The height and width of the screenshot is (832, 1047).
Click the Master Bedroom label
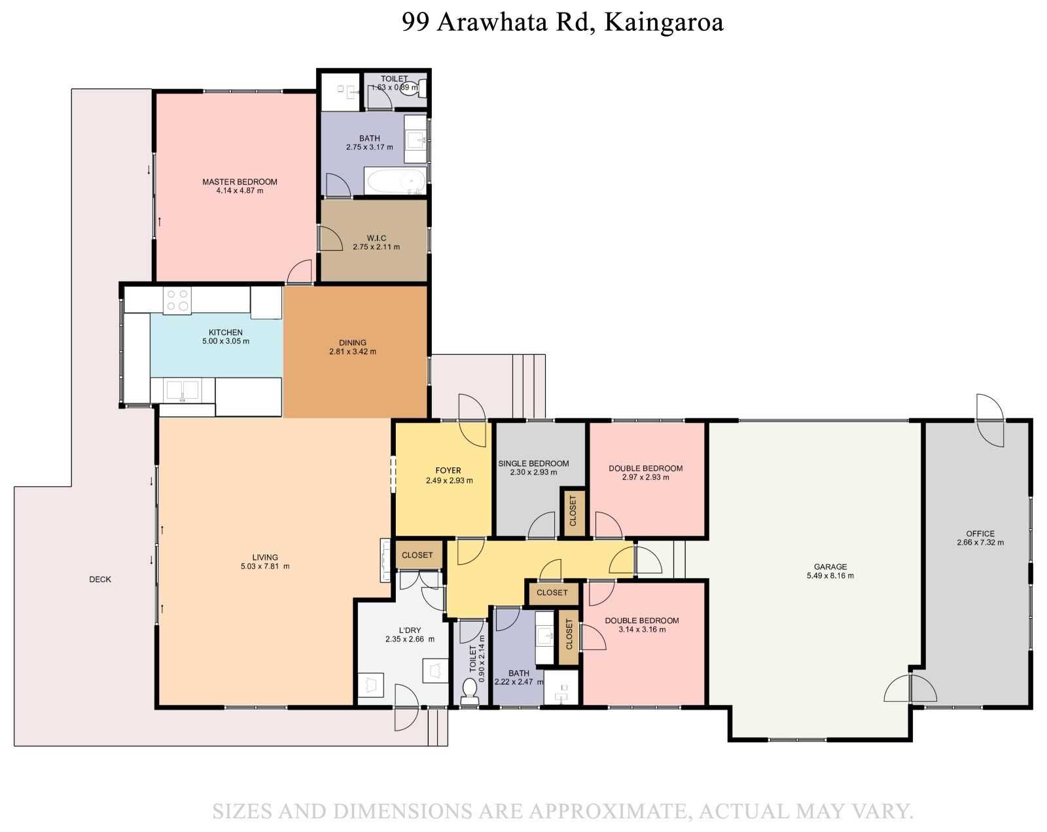click(240, 181)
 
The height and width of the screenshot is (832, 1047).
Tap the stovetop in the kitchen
click(177, 300)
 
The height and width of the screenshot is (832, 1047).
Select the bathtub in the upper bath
click(397, 182)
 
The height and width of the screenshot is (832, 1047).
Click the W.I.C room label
click(376, 238)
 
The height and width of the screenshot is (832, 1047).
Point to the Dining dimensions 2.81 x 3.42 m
click(352, 352)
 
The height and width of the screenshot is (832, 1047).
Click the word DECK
click(100, 579)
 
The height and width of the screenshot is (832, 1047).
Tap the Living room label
click(265, 558)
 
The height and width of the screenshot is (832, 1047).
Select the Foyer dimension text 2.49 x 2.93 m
click(449, 480)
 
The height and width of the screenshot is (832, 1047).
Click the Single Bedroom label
click(533, 463)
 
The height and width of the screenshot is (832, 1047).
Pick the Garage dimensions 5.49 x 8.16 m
click(830, 575)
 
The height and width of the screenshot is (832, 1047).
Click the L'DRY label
click(410, 630)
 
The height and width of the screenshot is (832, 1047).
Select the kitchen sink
click(183, 390)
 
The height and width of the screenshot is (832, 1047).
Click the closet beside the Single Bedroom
click(573, 512)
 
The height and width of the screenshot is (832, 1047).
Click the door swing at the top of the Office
click(989, 420)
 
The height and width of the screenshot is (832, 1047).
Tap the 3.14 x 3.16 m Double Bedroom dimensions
click(642, 630)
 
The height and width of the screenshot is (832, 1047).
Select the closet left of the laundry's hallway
click(417, 555)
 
